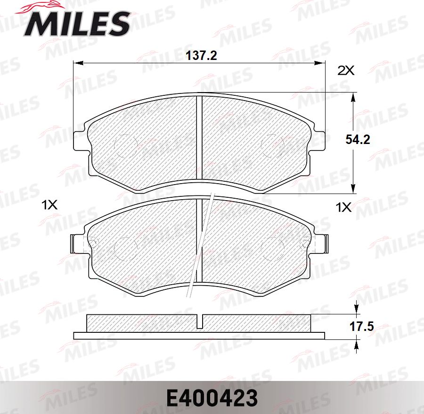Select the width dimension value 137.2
tap(201, 56)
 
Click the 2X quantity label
tap(346, 71)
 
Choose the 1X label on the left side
tap(49, 205)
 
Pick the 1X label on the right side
tap(343, 207)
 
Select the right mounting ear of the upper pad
tap(321, 140)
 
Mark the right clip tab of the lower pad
tap(325, 243)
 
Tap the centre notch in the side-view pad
tap(199, 322)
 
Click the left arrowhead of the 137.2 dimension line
tap(76, 63)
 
